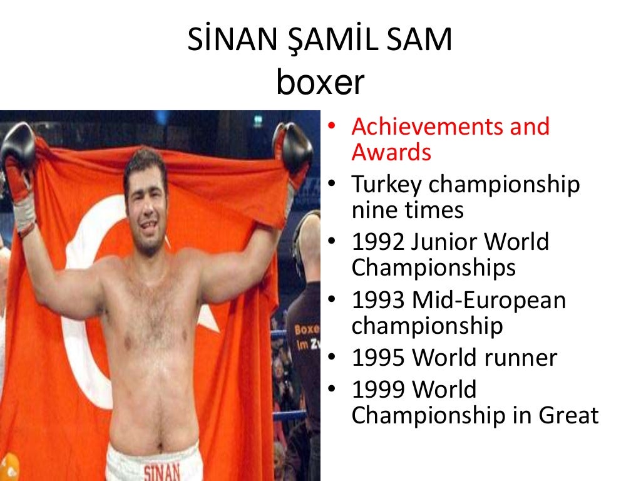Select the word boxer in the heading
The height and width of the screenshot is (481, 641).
[320, 83]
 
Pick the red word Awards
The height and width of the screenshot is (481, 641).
[391, 152]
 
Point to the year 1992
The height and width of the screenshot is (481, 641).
[378, 242]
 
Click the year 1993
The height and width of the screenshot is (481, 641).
[378, 301]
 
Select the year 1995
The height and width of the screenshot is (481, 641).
[378, 358]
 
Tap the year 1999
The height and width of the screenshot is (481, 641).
[378, 390]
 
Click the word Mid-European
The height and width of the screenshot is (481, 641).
[488, 301]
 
